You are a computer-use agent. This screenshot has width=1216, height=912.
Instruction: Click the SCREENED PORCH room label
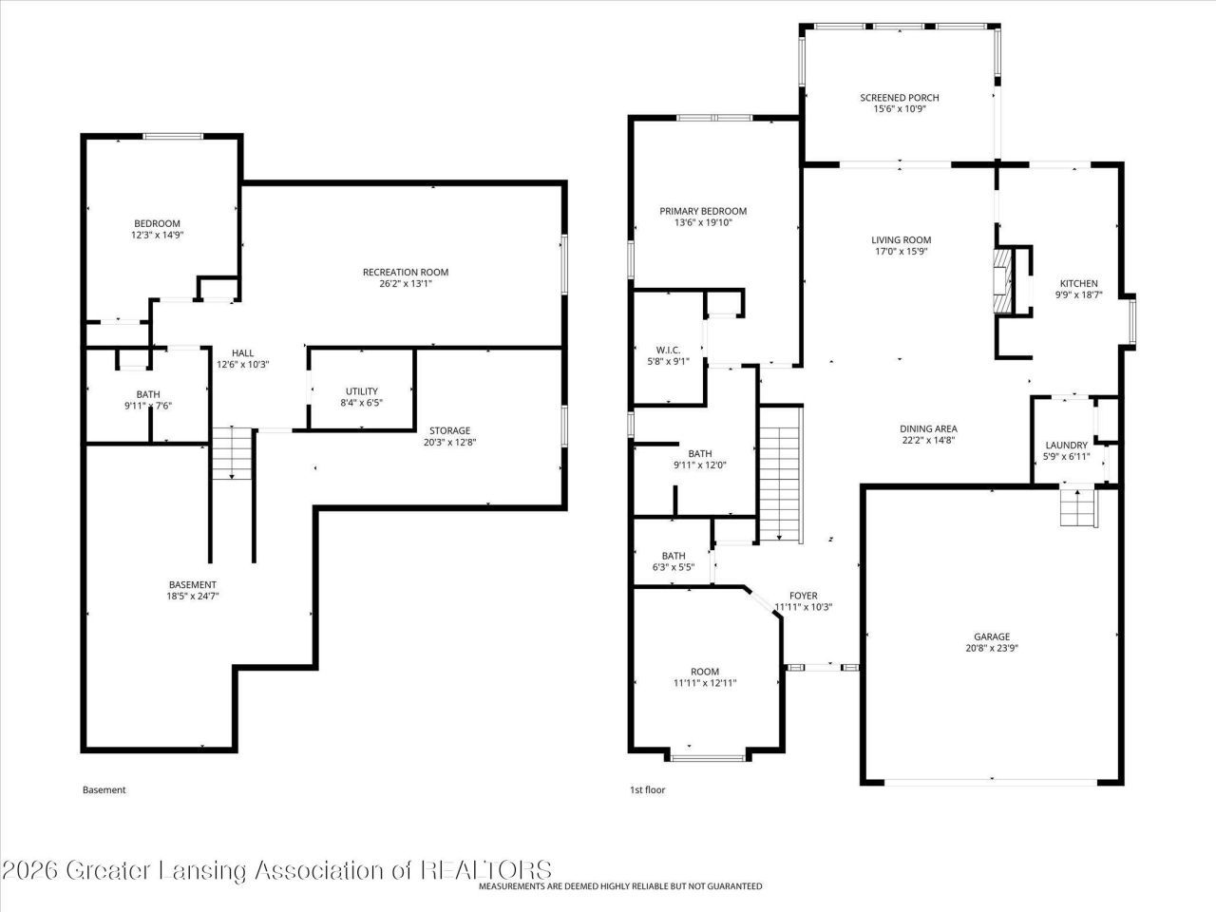(899, 98)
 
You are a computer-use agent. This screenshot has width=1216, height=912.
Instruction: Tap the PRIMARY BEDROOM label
(703, 211)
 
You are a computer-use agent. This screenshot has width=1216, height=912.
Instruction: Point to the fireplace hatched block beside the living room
(1001, 282)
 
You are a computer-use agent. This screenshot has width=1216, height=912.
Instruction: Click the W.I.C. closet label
(668, 350)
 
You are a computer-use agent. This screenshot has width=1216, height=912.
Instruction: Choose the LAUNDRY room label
(1067, 446)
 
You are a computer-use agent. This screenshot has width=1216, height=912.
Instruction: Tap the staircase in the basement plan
(232, 452)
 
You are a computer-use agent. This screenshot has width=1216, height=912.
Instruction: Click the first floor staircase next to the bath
(781, 474)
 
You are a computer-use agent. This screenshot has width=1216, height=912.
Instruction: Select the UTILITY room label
(362, 391)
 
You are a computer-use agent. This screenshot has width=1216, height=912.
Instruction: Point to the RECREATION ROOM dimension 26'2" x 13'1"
(406, 284)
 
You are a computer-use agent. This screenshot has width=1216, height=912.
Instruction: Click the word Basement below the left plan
(104, 789)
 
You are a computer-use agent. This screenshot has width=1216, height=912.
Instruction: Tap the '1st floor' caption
(647, 789)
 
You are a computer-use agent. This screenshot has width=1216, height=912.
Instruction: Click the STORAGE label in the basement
(450, 430)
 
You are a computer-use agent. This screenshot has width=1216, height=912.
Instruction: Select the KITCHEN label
(1078, 283)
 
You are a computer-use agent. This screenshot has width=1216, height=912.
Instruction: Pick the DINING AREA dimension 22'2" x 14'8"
(928, 440)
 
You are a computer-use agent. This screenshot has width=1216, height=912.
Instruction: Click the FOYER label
(804, 596)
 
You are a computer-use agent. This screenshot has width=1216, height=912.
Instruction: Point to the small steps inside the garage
(1078, 506)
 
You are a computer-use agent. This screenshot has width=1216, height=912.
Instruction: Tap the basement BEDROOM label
(157, 223)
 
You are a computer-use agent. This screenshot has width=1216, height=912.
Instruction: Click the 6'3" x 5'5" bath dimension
(674, 567)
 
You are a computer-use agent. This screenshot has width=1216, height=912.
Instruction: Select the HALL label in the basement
(242, 352)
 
